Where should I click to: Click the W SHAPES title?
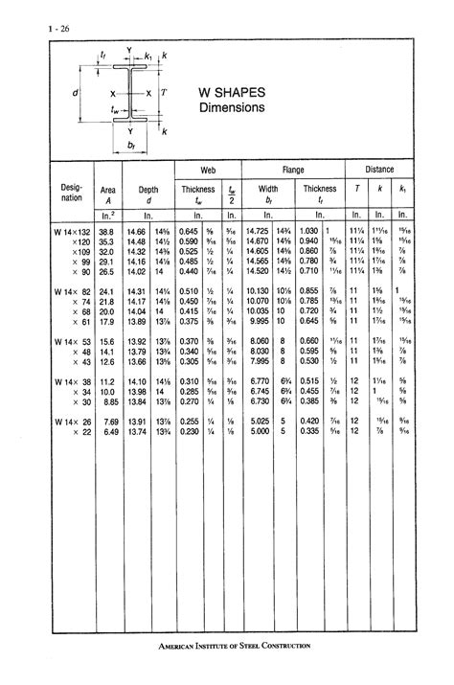[x=233, y=93]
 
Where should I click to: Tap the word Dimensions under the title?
[x=231, y=108]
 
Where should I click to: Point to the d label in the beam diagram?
[x=75, y=93]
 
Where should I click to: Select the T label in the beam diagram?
[x=164, y=93]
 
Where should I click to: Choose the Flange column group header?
[x=293, y=169]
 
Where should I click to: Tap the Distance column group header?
[x=379, y=169]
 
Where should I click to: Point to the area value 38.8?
[x=105, y=232]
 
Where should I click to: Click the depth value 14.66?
[x=135, y=232]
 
